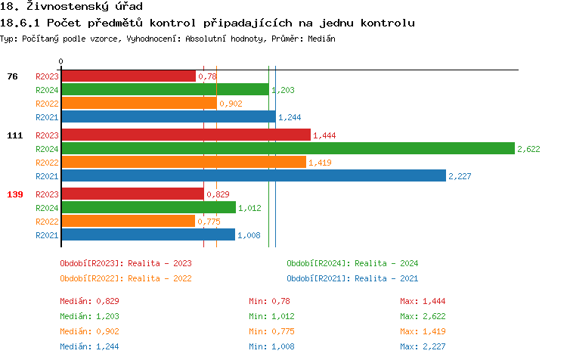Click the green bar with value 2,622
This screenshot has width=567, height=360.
287,148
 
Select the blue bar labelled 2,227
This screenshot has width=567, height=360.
253,175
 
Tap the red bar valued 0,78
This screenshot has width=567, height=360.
128,76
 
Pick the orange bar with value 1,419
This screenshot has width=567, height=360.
183,162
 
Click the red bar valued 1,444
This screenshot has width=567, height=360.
185,135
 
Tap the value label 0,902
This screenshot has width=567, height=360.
231,104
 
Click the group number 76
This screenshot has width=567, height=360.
12,76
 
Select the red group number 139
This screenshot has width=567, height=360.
15,194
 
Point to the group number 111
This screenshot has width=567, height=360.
15,135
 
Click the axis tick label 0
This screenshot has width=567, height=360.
61,62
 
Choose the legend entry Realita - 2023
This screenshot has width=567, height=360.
125,263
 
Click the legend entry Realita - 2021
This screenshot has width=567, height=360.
352,278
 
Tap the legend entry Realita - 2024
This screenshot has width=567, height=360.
352,263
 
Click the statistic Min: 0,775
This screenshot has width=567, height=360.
271,331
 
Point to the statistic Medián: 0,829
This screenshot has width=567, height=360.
89,301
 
